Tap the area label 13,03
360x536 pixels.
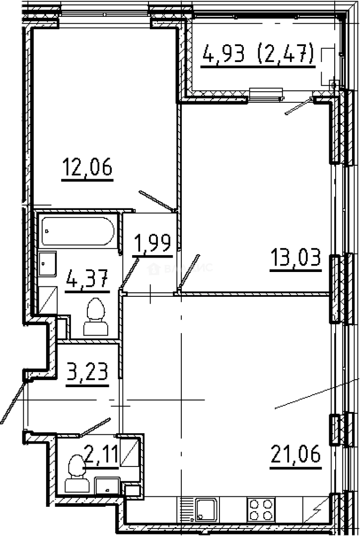(295, 260)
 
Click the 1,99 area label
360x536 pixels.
(153, 245)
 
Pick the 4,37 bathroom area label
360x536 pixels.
(86, 280)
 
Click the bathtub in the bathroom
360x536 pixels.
(78, 231)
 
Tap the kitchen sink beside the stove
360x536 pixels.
(205, 509)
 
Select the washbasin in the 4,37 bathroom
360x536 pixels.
(48, 263)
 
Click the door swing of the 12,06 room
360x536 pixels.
(156, 201)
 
